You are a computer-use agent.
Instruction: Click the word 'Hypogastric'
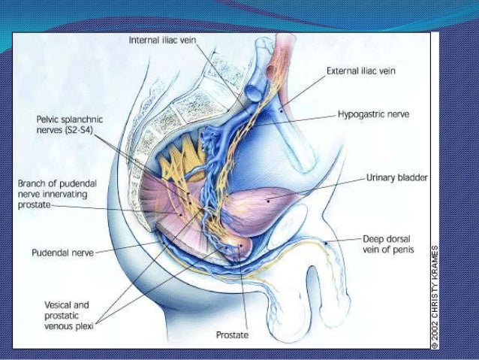pyautogui.click(x=358, y=117)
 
